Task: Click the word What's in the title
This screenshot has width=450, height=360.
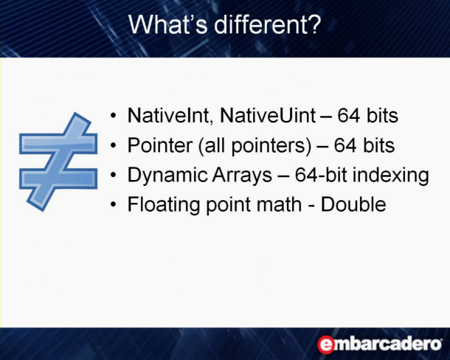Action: point(168,24)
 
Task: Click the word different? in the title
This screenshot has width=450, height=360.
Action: point(267,24)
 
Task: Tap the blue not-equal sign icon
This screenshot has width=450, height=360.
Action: point(58,162)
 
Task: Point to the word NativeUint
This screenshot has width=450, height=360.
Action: point(268,115)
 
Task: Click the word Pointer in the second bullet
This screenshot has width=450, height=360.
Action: point(160,145)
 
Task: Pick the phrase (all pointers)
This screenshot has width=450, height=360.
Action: point(255,146)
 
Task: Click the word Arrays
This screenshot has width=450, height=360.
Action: point(242,176)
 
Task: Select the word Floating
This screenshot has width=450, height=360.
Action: point(164,205)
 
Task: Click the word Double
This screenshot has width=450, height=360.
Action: point(353,204)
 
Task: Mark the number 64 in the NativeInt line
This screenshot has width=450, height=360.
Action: point(348,116)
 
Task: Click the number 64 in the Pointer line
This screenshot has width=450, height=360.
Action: point(345,145)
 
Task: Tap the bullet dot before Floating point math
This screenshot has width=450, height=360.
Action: point(114,204)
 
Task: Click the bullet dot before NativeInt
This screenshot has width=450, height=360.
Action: point(114,116)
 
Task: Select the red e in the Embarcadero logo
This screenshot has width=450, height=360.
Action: point(326,345)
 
